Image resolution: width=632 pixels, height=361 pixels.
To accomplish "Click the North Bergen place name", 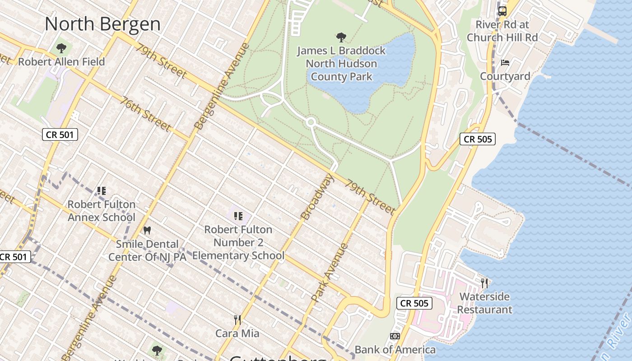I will point(102,24).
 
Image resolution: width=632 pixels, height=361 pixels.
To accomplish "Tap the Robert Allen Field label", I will point(61,62).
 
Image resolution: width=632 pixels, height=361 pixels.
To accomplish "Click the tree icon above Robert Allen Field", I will point(61,47).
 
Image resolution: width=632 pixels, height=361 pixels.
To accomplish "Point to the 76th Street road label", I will point(145,114).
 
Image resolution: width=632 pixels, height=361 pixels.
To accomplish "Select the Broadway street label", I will point(318,197).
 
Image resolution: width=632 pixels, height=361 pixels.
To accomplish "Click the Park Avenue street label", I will point(330,273).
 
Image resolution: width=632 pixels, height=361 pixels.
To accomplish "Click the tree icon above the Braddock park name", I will point(341,37).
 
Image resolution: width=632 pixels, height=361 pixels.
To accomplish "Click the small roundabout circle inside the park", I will point(311,122).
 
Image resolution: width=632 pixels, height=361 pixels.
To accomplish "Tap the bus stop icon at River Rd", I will point(502,11).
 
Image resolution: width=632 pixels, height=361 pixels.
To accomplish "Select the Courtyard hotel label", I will point(505,76).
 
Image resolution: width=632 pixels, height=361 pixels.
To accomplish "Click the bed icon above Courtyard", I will point(505,62).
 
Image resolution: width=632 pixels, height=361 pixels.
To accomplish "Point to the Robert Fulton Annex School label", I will point(102,211).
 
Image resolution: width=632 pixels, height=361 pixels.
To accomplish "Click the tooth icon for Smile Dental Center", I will point(147,230).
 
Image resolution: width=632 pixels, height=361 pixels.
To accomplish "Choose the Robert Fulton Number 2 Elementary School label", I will point(238,242).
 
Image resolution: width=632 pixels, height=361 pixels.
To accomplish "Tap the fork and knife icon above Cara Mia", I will point(237,320).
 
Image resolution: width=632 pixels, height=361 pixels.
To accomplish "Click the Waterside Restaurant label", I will point(484,303).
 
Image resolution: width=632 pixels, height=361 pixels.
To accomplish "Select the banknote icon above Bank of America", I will point(395,336).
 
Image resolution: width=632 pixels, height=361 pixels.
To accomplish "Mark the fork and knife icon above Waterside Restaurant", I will point(484,283).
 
